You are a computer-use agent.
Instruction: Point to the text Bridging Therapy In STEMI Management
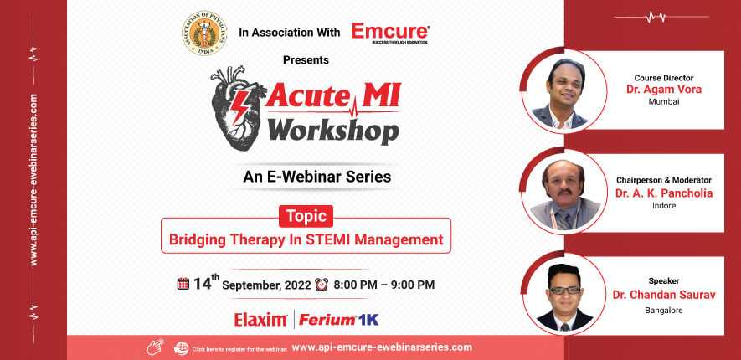point(306,239)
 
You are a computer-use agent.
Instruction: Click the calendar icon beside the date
point(183,285)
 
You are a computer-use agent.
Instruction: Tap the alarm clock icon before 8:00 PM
point(322,285)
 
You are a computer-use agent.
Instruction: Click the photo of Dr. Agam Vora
point(559,90)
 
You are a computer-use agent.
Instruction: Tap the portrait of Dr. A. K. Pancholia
point(559,192)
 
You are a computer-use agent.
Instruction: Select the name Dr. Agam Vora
point(664,89)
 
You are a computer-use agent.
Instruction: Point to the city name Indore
point(664,204)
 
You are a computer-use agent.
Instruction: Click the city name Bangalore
point(664,310)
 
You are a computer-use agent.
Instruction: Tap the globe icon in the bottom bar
point(181,347)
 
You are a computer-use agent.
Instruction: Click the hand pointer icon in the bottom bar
point(155,347)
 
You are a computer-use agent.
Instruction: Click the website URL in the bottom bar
point(383,347)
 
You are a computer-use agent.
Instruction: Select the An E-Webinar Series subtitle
point(316,177)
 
